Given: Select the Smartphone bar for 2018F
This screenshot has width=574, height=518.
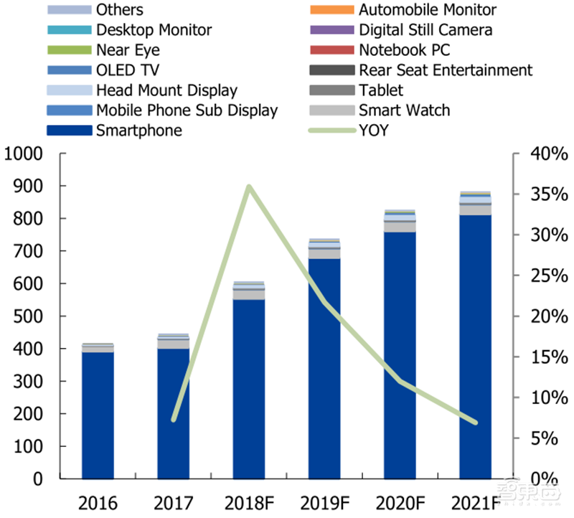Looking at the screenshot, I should [248, 388].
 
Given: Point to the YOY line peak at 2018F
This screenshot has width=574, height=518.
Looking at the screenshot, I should [248, 187].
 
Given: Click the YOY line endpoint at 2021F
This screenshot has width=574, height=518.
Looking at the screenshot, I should [475, 422].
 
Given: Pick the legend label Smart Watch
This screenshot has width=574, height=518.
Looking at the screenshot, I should [404, 110].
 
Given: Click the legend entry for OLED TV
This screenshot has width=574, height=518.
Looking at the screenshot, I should [128, 70].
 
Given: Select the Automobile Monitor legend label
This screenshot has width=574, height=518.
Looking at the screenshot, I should [427, 10].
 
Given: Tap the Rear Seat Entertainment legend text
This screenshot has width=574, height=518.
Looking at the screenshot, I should [446, 70].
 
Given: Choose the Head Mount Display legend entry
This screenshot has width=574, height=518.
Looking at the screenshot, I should [166, 90].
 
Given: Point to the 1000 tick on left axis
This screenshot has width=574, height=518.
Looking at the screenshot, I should [23, 154].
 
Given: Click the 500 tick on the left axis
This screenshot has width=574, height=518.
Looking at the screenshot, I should [28, 316].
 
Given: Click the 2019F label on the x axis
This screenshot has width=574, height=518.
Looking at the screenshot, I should [324, 500].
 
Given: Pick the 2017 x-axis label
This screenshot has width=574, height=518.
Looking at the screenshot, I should [172, 500].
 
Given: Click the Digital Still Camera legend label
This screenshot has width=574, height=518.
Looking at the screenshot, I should [425, 30].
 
